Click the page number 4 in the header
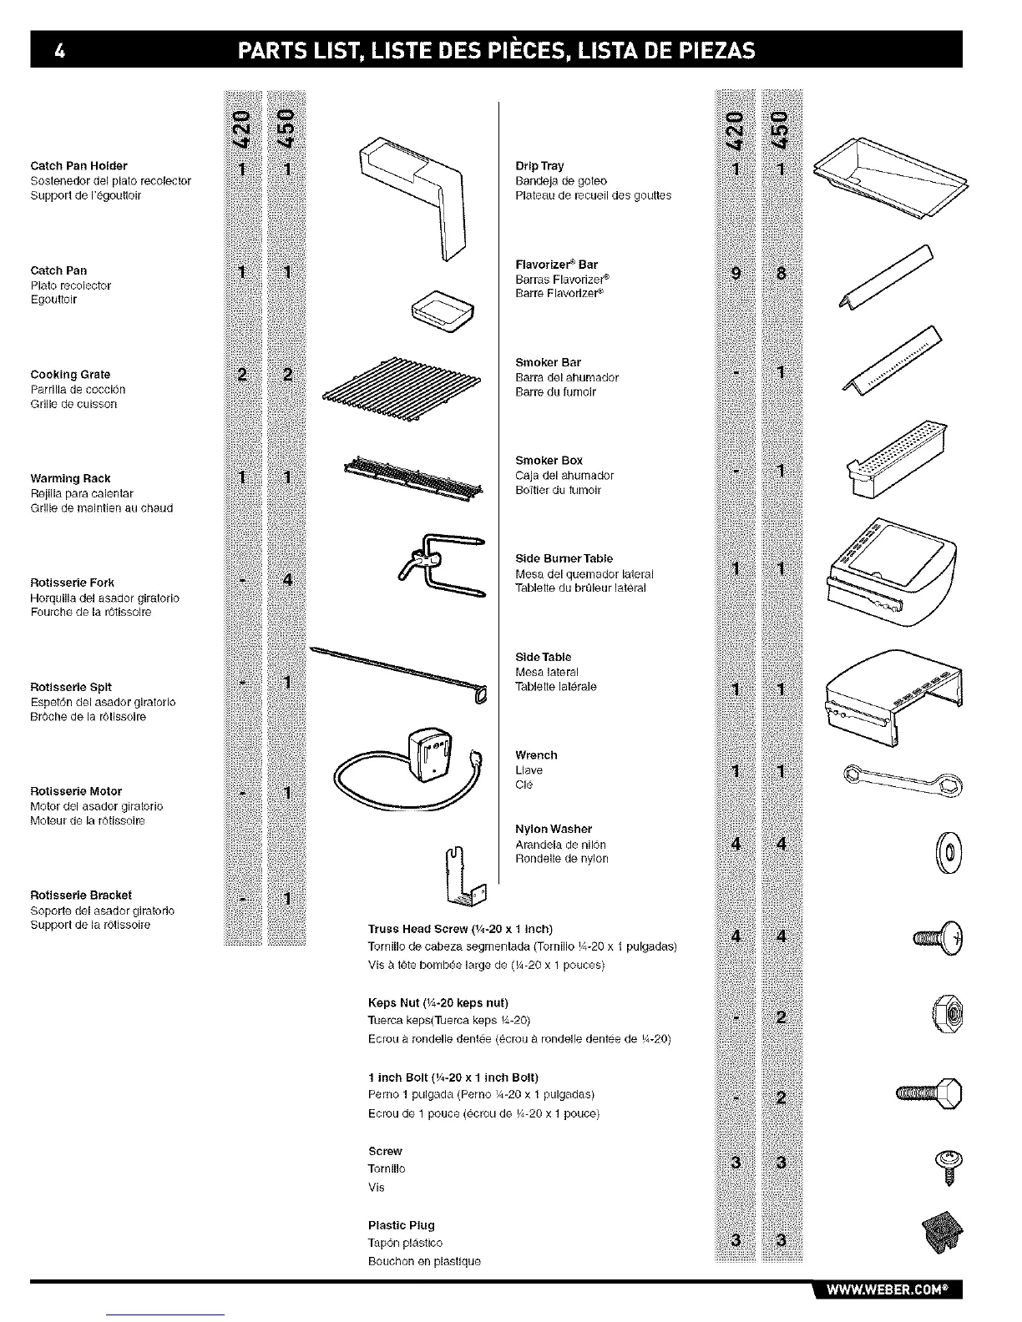coord(58,50)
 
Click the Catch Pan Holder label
coord(78,166)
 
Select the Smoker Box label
coord(549,461)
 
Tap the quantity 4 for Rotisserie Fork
coord(286,580)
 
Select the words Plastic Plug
coord(402,1225)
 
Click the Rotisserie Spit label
coord(71,687)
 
